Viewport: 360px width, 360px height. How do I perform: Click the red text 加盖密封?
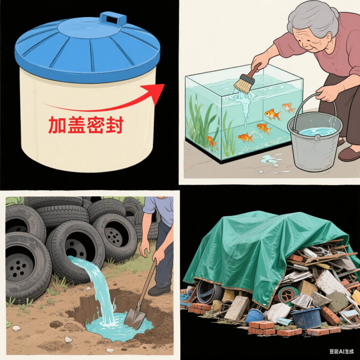point(85,125)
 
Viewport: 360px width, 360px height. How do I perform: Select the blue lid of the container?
point(88,46)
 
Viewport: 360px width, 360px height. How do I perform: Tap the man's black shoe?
point(159,290)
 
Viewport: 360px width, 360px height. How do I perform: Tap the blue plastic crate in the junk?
point(306,318)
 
